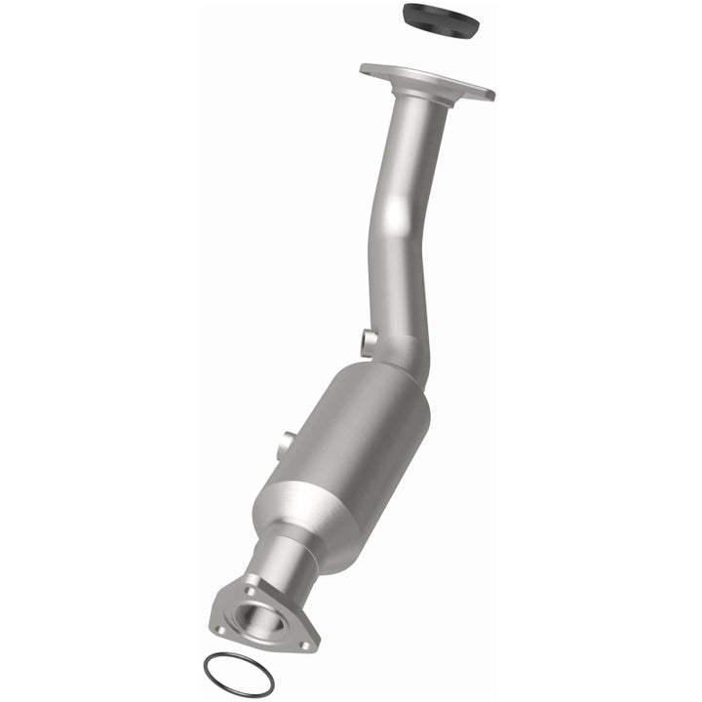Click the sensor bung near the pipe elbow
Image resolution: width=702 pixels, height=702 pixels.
[369, 341]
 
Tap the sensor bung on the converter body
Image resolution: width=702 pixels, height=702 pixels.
[285, 445]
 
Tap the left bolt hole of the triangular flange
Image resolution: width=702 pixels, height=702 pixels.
[220, 630]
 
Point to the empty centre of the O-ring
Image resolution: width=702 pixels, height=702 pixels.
[239, 674]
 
